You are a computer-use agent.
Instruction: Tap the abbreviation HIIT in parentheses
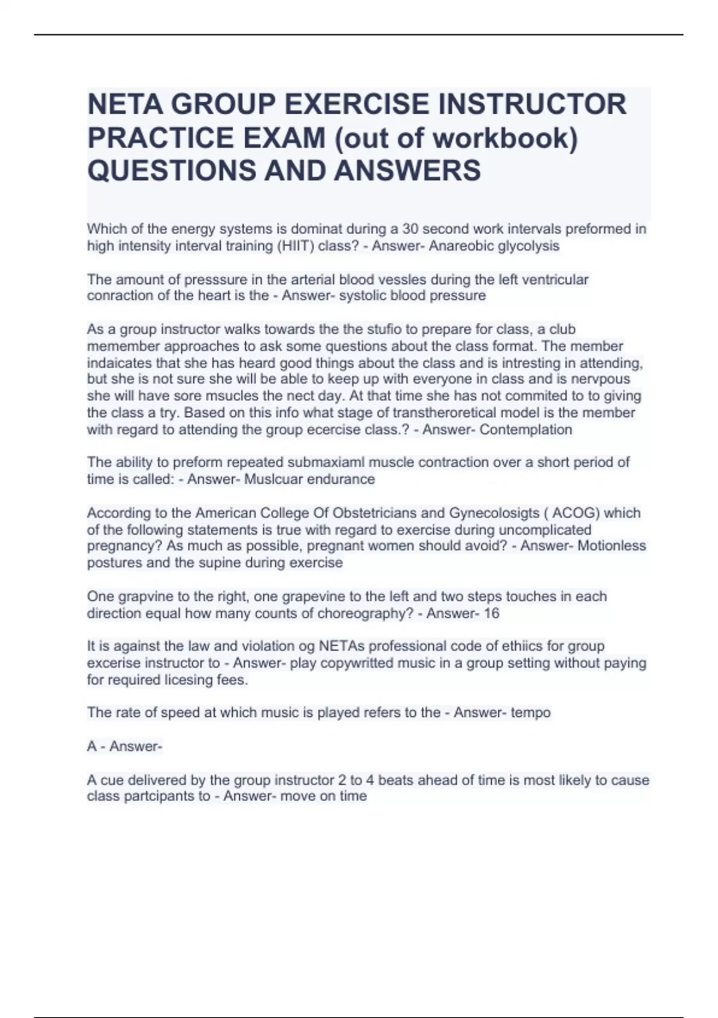(x=295, y=246)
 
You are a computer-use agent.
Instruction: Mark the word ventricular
(x=555, y=280)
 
